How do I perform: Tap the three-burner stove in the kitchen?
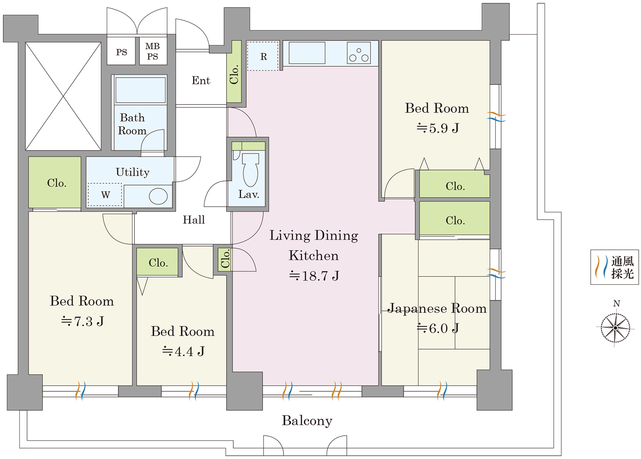tap(358, 53)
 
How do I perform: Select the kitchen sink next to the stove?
tap(307, 53)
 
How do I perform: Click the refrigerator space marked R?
tap(262, 56)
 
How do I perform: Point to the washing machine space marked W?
tap(105, 195)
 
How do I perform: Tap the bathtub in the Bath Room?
tap(140, 90)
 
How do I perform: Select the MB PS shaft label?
tap(153, 51)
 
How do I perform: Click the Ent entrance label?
tap(201, 81)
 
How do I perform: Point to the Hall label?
tap(194, 220)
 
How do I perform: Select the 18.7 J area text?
tap(314, 276)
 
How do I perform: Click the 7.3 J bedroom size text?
tap(82, 321)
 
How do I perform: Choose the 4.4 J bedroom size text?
tap(183, 351)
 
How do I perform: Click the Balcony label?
tap(307, 420)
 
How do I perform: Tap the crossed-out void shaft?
tap(63, 96)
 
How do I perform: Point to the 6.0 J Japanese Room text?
tap(437, 328)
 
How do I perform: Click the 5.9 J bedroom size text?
tap(437, 128)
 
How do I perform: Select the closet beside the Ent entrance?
tap(234, 72)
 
